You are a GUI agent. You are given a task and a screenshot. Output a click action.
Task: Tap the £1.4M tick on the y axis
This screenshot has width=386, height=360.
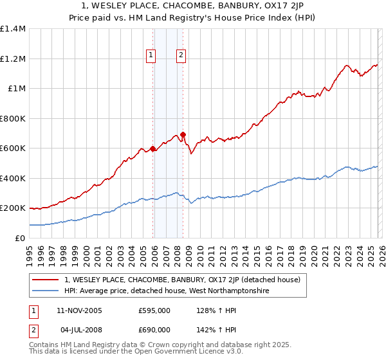pos(13,29)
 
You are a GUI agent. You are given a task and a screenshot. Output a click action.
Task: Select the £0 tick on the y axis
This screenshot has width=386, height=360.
pos(21,238)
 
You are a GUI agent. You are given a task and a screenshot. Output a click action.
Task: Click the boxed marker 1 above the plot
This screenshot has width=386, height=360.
pos(151,56)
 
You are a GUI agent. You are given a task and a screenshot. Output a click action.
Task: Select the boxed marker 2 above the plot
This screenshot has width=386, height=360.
pos(181,56)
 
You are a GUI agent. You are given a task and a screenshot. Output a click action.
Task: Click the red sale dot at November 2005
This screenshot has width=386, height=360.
pos(153,149)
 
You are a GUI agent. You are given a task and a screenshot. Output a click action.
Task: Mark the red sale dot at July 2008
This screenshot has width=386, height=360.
pos(183,135)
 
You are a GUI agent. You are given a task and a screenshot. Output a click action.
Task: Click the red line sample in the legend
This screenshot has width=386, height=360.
pos(46,280)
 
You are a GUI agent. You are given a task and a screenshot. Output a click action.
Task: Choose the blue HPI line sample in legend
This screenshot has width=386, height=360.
pos(46,291)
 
